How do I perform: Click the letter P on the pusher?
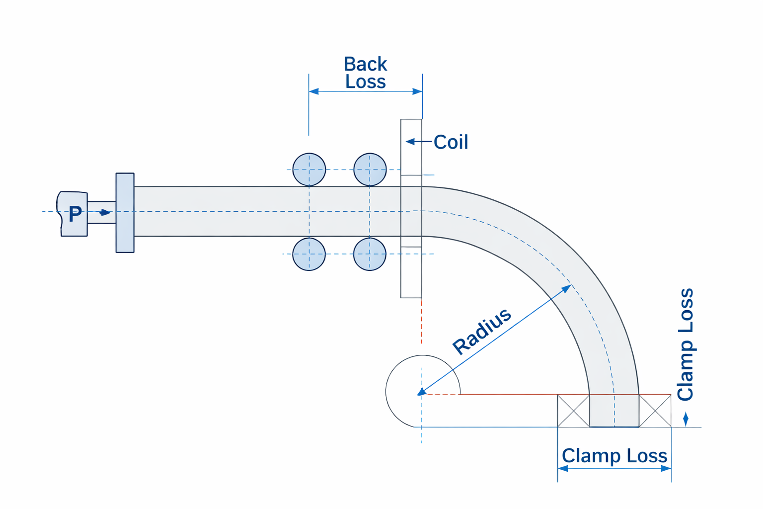pyautogui.click(x=75, y=214)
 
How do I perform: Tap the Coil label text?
pyautogui.click(x=451, y=142)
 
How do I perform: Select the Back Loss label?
pyautogui.click(x=366, y=73)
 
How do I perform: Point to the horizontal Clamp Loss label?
pyautogui.click(x=614, y=455)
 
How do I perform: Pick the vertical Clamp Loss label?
pyautogui.click(x=686, y=344)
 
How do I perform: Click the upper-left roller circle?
pyautogui.click(x=309, y=170)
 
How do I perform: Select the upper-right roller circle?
pyautogui.click(x=370, y=170)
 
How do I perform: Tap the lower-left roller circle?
pyautogui.click(x=309, y=254)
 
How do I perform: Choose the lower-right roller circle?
pyautogui.click(x=370, y=254)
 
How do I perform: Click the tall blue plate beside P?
pyautogui.click(x=125, y=213)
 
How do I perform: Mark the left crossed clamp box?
pyautogui.click(x=574, y=411)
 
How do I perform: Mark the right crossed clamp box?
pyautogui.click(x=655, y=411)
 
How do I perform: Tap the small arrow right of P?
pyautogui.click(x=104, y=213)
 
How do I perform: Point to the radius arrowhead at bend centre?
pyautogui.click(x=422, y=392)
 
